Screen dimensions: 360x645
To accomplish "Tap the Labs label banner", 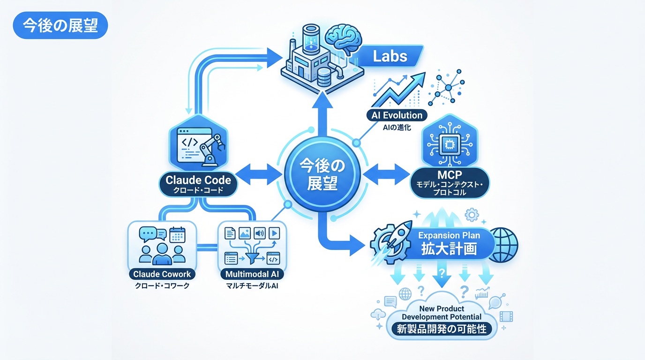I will pos(390,57).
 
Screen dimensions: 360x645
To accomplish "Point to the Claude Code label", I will pos(198,180).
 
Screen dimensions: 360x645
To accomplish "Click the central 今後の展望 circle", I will pos(322,173).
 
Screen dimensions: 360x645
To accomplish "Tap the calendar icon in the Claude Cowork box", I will pos(178,233).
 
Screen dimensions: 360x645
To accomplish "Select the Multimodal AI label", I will pos(251,274).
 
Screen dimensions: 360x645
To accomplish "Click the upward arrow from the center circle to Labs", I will pos(322,115).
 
